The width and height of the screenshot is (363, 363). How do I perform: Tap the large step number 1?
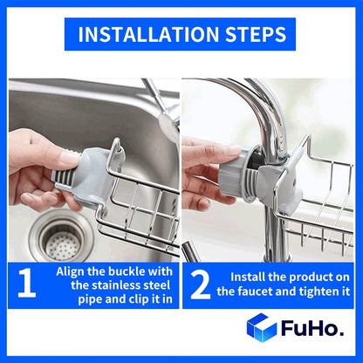(27, 284)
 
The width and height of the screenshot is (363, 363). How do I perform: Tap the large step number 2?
(200, 284)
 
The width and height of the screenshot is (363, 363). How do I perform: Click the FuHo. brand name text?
(312, 330)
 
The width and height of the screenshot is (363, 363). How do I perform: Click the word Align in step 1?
(72, 271)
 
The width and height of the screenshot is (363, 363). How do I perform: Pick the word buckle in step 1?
(131, 271)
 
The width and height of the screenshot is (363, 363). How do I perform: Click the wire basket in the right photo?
(318, 201)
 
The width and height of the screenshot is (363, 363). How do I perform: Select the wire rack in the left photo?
(140, 209)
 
